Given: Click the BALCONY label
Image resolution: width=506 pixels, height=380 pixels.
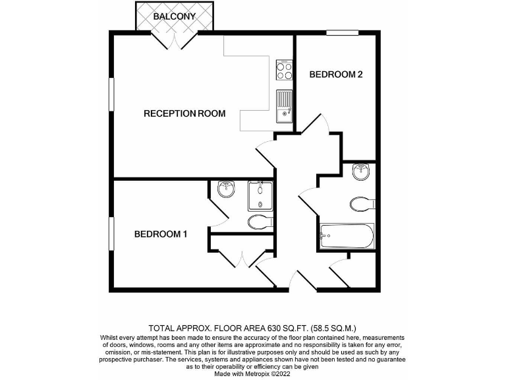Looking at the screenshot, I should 175,16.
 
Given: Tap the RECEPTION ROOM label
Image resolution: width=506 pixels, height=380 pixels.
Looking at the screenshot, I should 184,113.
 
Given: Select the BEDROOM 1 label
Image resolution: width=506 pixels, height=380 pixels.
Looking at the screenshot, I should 161,234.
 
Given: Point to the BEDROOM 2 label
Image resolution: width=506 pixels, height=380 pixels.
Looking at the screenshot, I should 336,75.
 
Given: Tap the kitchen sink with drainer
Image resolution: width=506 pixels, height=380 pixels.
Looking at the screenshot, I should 284,106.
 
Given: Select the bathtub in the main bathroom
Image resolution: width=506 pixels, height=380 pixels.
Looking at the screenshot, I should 347,236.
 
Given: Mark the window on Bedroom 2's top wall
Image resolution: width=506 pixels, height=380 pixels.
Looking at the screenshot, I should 343,32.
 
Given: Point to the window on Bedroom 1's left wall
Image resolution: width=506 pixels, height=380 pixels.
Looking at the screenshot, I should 111,233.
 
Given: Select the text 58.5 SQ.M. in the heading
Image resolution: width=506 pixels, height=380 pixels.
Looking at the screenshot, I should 335,327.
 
